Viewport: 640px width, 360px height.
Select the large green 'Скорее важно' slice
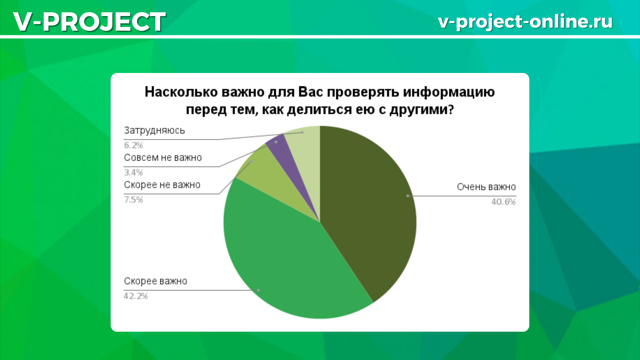287,263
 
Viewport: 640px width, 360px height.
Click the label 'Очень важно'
486,187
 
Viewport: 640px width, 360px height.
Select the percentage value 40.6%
503,202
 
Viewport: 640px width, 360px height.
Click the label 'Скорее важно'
155,281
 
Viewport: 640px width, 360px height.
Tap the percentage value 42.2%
136,296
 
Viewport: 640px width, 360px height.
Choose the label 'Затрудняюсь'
154,130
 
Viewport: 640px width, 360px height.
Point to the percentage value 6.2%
133,145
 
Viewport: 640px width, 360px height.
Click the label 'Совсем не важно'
163,158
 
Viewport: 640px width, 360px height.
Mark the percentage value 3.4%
133,173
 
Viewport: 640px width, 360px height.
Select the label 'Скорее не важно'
162,185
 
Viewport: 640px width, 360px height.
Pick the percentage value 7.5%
133,200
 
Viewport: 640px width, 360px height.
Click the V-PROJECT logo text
89,21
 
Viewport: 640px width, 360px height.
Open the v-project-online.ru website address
525,21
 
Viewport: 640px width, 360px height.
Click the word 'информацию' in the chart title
449,92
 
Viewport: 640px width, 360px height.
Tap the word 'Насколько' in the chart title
181,92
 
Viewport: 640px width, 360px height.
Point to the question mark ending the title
451,109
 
